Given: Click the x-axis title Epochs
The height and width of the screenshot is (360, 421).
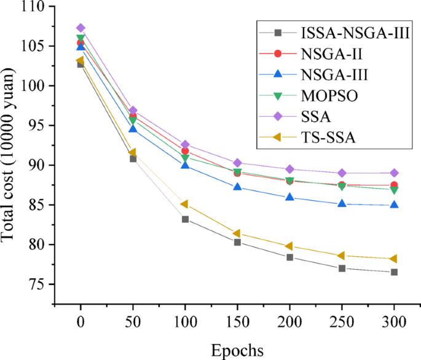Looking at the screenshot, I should pyautogui.click(x=237, y=350).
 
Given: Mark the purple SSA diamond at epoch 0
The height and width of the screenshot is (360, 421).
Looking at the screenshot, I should pyautogui.click(x=81, y=28).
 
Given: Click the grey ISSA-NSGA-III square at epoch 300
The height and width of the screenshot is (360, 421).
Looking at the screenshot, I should pyautogui.click(x=394, y=272).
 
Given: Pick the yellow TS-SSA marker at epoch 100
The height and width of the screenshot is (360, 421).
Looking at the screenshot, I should pyautogui.click(x=184, y=204).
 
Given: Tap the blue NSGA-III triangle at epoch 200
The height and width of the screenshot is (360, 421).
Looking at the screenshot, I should pyautogui.click(x=289, y=197).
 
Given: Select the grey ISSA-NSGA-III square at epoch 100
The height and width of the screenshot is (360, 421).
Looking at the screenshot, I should pyautogui.click(x=185, y=219).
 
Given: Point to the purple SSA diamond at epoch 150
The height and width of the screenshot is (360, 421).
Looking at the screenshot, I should pyautogui.click(x=237, y=163).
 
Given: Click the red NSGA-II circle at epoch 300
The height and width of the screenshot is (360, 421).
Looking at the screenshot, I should pyautogui.click(x=394, y=185).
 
